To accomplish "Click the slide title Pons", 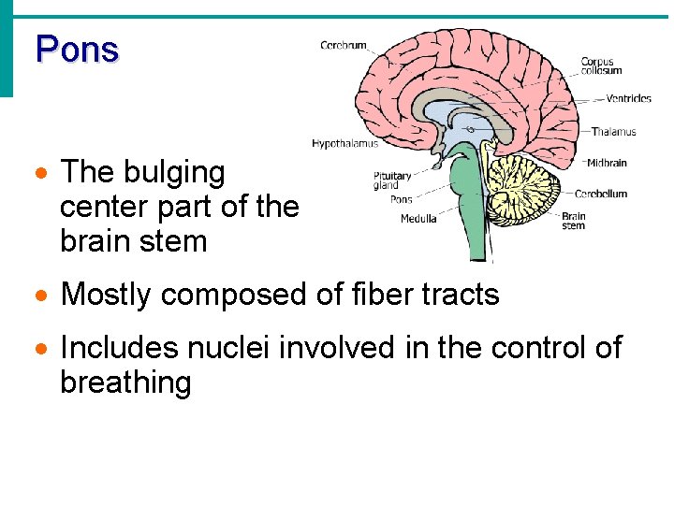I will point(77,49).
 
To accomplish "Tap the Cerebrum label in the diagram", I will point(344,45).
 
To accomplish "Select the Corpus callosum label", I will point(596,66).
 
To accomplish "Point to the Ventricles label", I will point(628,98).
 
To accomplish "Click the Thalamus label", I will point(614,132).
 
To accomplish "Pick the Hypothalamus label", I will point(344,144).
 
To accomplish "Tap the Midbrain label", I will point(607,163).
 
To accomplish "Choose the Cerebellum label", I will point(601,194).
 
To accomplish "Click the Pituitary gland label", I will point(392,180).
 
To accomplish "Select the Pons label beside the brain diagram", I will point(400,199).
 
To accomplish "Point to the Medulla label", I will point(418,219).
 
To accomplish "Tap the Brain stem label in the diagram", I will point(573,221).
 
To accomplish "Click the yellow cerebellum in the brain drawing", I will point(524,187).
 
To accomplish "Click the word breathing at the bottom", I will point(125,382).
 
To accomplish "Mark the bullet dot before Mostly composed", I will point(40,296).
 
